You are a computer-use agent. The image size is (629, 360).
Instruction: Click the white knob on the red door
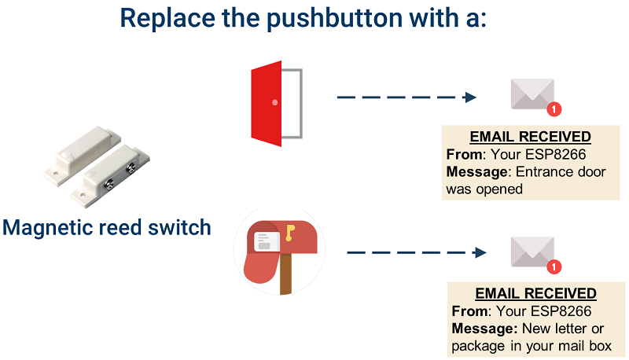tap(274, 102)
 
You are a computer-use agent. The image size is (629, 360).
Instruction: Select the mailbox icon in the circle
tap(279, 250)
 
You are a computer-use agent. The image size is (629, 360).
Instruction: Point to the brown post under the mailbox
tap(285, 275)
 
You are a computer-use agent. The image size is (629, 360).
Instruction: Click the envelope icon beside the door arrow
tap(532, 94)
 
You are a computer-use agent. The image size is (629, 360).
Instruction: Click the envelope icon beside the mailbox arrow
tap(532, 252)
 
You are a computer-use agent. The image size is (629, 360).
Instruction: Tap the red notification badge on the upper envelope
tap(554, 109)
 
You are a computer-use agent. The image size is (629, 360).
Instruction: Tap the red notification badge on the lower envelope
tap(554, 267)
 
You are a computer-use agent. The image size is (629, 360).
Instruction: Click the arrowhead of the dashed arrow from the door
tap(470, 97)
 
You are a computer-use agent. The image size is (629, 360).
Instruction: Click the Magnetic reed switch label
tap(107, 228)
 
